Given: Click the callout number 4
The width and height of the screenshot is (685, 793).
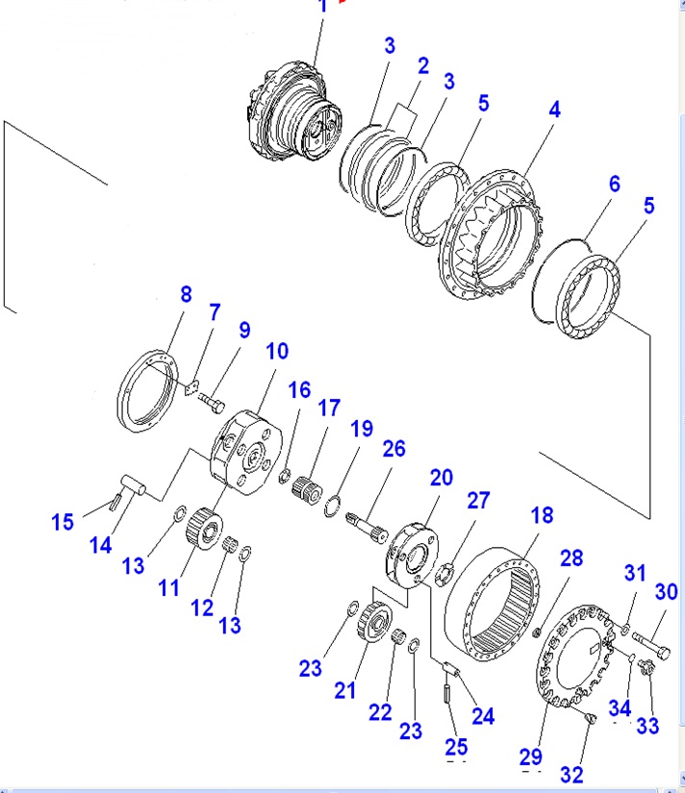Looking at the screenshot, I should [554, 109].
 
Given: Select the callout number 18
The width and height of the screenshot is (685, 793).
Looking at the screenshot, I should [542, 515].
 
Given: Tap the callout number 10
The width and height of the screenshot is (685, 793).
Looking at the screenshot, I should [277, 351].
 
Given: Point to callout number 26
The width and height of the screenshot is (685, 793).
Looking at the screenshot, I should [393, 448].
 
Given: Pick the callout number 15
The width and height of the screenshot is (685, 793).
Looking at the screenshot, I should [63, 522].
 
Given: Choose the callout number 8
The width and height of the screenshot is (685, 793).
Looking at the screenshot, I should [186, 294].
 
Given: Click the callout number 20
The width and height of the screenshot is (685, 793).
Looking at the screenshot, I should [441, 478].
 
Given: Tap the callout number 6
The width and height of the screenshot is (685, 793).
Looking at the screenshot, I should [614, 184].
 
